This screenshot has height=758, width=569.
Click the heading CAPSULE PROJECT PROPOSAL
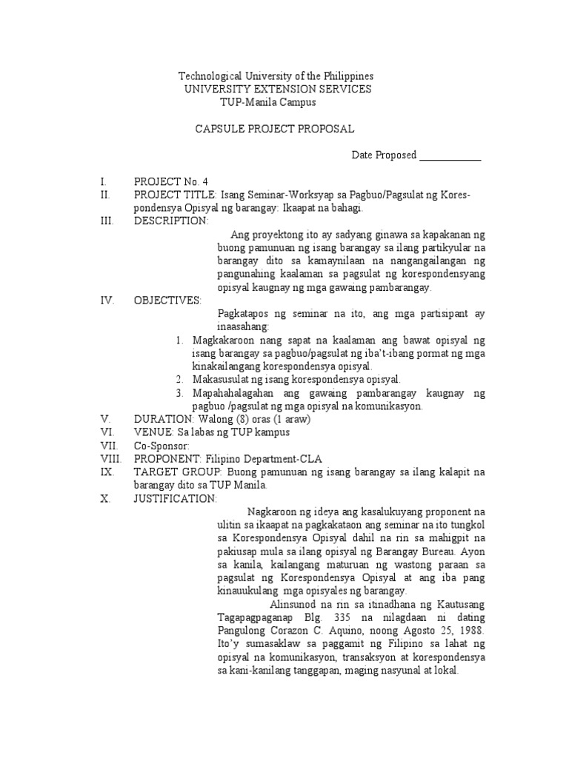pos(275,129)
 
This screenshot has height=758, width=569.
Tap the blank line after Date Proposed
pos(450,155)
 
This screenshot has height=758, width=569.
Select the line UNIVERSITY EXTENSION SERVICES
pos(278,89)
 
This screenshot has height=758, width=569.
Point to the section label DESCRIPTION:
pos(171,221)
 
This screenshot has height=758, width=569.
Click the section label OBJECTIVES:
pos(167,301)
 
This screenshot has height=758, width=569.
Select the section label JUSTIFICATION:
pos(176,499)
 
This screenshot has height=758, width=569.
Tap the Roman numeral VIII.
pos(110,459)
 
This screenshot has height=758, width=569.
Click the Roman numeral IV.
pos(107,301)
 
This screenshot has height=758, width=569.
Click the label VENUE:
pos(153,432)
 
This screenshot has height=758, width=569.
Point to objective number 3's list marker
pos(180,393)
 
